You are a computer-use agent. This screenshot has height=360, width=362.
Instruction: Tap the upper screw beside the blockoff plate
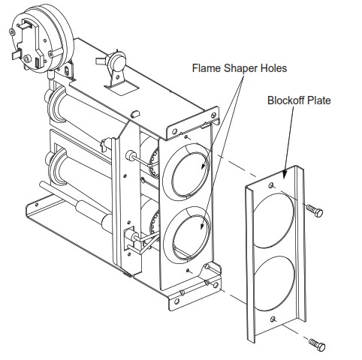315,211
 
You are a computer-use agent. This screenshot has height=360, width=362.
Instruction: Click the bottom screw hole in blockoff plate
272,322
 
